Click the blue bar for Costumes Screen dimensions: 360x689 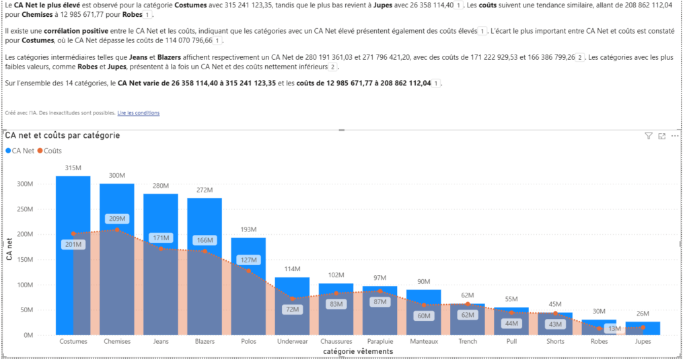coord(73,202)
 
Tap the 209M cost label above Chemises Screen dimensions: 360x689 coord(116,219)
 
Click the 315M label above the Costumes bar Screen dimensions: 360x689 coord(73,168)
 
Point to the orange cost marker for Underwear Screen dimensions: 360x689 coord(292,298)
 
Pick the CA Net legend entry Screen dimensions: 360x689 coord(20,151)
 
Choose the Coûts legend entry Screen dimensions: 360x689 coord(49,151)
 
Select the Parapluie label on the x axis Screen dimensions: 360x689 coord(379,341)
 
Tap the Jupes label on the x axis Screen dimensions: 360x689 coord(642,341)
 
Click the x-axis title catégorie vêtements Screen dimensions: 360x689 coord(357,351)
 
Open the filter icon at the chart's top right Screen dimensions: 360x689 coord(649,136)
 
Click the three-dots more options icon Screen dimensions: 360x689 coord(675,136)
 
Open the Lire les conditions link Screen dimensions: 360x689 coord(139,113)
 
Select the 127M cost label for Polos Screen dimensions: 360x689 coord(248,260)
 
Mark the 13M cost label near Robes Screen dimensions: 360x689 coord(614,328)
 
